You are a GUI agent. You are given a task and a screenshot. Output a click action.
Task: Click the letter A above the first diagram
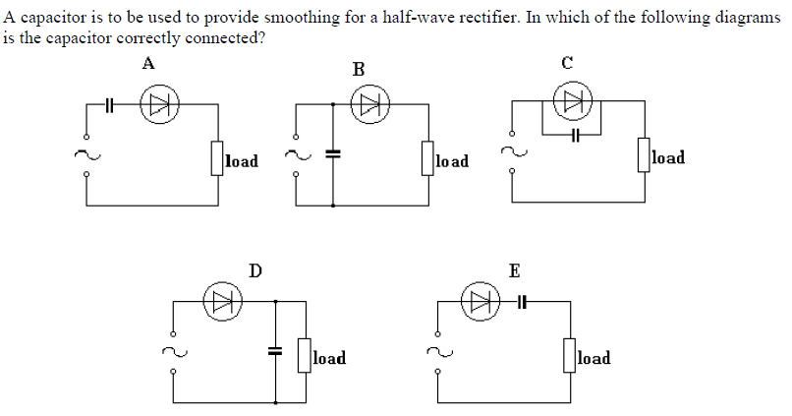click(148, 64)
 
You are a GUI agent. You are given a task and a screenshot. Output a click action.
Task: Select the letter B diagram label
click(358, 69)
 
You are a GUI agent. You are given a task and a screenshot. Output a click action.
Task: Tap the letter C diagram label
click(567, 63)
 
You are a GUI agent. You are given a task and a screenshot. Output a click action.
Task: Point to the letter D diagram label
click(255, 269)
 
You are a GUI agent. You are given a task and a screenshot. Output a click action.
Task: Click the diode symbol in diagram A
click(156, 107)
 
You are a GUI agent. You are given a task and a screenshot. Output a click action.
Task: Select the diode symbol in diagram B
click(371, 107)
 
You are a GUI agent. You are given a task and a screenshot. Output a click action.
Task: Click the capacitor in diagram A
click(111, 107)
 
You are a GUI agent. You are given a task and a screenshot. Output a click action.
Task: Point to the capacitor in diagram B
click(333, 154)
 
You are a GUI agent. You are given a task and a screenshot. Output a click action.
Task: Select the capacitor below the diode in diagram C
click(577, 131)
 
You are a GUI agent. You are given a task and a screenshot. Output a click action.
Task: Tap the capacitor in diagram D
click(275, 349)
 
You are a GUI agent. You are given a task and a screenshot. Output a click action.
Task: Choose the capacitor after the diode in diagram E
click(522, 301)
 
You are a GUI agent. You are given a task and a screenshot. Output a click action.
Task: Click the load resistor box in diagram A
click(216, 157)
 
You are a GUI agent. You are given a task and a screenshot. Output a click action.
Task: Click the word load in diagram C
click(668, 157)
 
